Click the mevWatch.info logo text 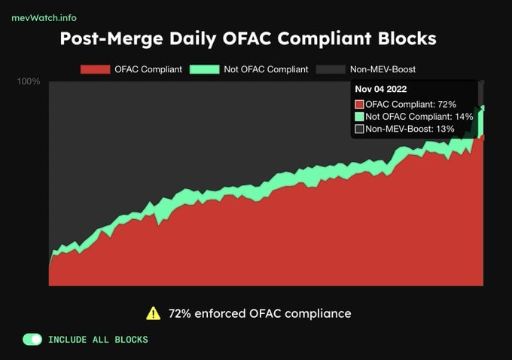pos(44,17)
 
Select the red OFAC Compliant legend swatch pos(96,69)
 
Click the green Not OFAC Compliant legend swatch pos(203,69)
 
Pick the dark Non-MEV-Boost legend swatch pos(331,69)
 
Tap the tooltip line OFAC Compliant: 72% pos(410,104)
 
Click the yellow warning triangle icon pos(154,313)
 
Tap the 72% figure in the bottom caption pos(180,313)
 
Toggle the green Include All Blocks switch pos(32,340)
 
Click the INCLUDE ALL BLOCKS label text pos(98,340)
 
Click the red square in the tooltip pos(359,104)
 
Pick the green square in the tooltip pos(359,117)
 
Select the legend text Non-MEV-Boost pos(382,69)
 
